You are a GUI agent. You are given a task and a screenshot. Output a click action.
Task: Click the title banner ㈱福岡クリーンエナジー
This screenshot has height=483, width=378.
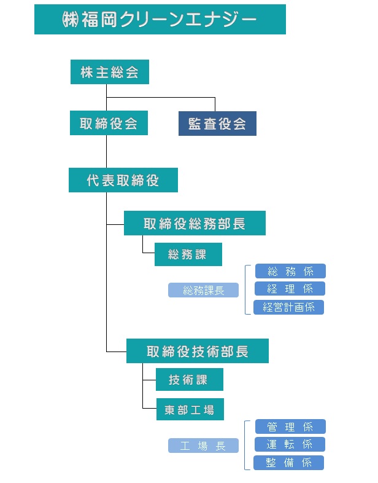click(x=160, y=20)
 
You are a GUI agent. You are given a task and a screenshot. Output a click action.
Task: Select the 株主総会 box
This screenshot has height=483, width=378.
click(x=110, y=73)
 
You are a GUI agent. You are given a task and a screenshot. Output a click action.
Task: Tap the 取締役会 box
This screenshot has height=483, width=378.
click(x=110, y=123)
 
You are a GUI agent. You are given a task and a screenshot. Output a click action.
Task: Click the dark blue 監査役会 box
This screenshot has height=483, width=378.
click(x=217, y=124)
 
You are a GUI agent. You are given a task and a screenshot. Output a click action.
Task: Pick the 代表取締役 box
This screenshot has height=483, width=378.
click(x=123, y=180)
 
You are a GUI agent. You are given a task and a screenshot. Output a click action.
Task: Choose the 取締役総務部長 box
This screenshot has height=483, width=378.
click(x=195, y=223)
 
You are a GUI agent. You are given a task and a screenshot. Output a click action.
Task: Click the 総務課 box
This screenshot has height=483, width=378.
click(x=188, y=254)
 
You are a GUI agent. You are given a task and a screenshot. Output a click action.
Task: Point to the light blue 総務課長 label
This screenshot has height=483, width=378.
click(x=204, y=290)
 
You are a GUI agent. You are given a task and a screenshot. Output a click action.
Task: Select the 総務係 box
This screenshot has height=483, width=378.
click(x=290, y=272)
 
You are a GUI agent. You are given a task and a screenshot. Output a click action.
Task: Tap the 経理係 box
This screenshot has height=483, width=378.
click(x=290, y=289)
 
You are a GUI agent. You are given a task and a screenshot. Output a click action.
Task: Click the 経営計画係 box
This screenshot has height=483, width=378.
click(x=289, y=307)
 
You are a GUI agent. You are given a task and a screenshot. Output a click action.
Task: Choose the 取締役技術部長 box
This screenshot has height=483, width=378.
click(x=197, y=351)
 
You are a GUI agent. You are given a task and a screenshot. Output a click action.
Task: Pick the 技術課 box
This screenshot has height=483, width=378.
click(x=189, y=380)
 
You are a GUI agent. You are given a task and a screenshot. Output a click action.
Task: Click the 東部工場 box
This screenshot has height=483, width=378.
click(x=189, y=409)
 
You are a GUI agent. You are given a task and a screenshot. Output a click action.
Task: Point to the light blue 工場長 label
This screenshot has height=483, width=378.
click(x=204, y=446)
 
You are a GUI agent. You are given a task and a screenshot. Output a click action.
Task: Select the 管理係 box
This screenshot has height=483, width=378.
click(x=290, y=426)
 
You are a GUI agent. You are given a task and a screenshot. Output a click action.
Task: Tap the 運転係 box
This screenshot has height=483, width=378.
click(x=290, y=444)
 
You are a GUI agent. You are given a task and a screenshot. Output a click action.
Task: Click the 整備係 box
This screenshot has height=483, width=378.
click(x=289, y=462)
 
